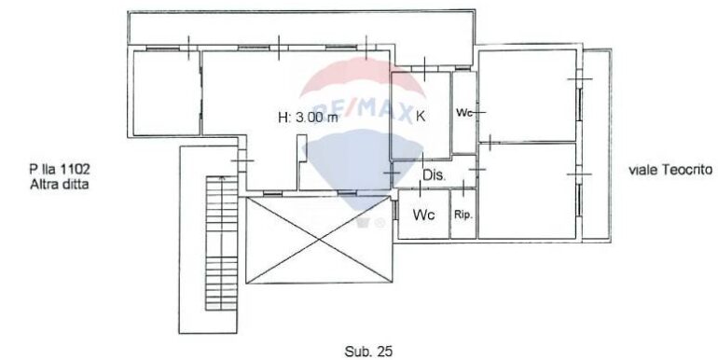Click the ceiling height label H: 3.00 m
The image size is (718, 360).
coord(308,118)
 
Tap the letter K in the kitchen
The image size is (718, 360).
coord(421,117)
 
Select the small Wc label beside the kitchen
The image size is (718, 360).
coord(464,113)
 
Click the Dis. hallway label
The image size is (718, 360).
coord(434,175)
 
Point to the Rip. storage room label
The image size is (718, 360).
coord(463,215)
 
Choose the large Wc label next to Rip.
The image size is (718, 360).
coord(423,215)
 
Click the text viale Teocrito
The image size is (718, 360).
coord(670,170)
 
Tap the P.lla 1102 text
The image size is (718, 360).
coord(60,170)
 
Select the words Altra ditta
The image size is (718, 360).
coord(60,185)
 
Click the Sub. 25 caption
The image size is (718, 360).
coord(368,352)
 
